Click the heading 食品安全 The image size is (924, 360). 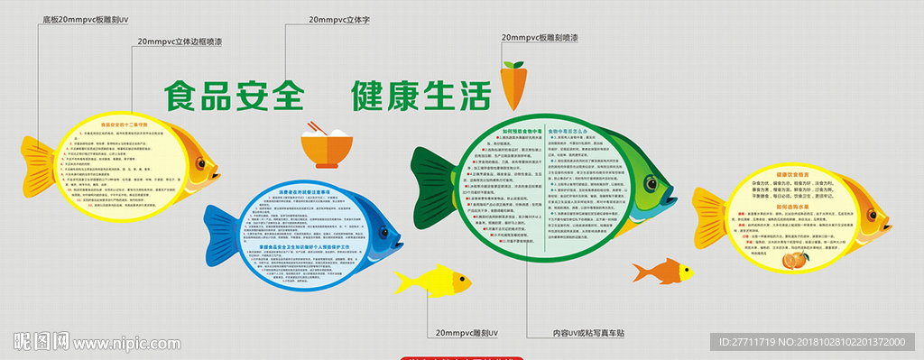click(x=234, y=95)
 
